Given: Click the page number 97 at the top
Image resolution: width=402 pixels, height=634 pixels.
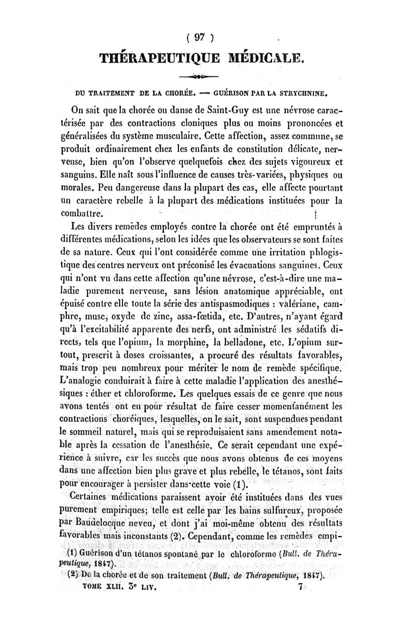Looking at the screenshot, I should tap(201, 37).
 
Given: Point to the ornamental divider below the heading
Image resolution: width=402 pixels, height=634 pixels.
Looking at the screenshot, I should tap(202, 78).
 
